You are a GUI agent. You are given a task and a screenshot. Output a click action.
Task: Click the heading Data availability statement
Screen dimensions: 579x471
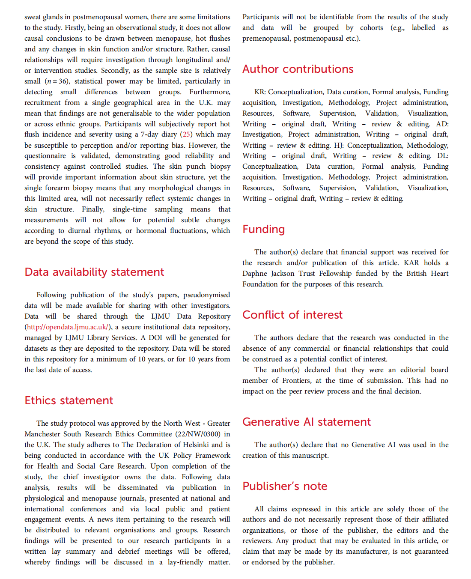94,272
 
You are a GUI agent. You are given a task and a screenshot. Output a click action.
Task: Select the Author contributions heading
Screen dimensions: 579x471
298,69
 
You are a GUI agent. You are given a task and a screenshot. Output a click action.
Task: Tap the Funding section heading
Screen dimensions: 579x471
263,229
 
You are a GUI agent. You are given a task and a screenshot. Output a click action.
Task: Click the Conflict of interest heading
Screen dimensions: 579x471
292,315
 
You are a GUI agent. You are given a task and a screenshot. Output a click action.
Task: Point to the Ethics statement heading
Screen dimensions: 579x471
69,400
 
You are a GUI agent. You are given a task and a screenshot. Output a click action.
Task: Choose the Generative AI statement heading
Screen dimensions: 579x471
306,422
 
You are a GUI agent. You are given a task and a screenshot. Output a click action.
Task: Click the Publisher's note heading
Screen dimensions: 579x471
285,486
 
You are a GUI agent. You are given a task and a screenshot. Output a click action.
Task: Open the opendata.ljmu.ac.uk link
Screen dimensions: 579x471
67,327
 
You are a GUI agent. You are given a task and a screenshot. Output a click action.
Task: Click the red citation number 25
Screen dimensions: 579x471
186,134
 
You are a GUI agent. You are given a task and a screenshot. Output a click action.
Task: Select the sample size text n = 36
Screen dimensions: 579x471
57,81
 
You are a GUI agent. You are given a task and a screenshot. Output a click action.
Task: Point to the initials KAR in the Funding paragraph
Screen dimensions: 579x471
411,263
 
